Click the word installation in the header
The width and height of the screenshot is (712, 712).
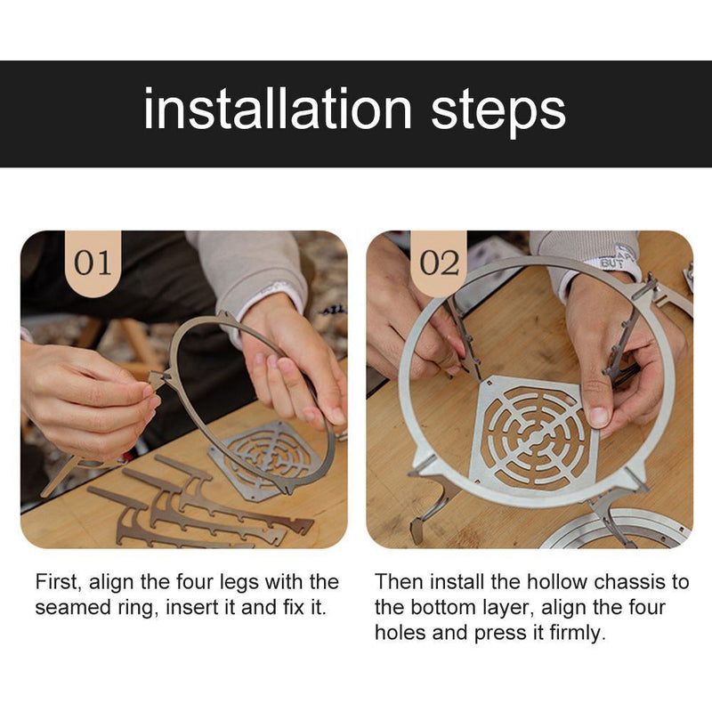(278, 109)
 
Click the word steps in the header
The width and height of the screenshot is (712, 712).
(498, 112)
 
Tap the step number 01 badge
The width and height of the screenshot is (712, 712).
(93, 263)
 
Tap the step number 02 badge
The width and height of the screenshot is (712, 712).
(439, 263)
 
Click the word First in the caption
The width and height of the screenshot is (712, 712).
(58, 582)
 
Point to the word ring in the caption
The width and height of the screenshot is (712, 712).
(138, 609)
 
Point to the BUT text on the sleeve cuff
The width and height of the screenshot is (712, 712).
(611, 263)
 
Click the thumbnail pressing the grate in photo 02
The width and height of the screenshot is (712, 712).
(599, 415)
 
